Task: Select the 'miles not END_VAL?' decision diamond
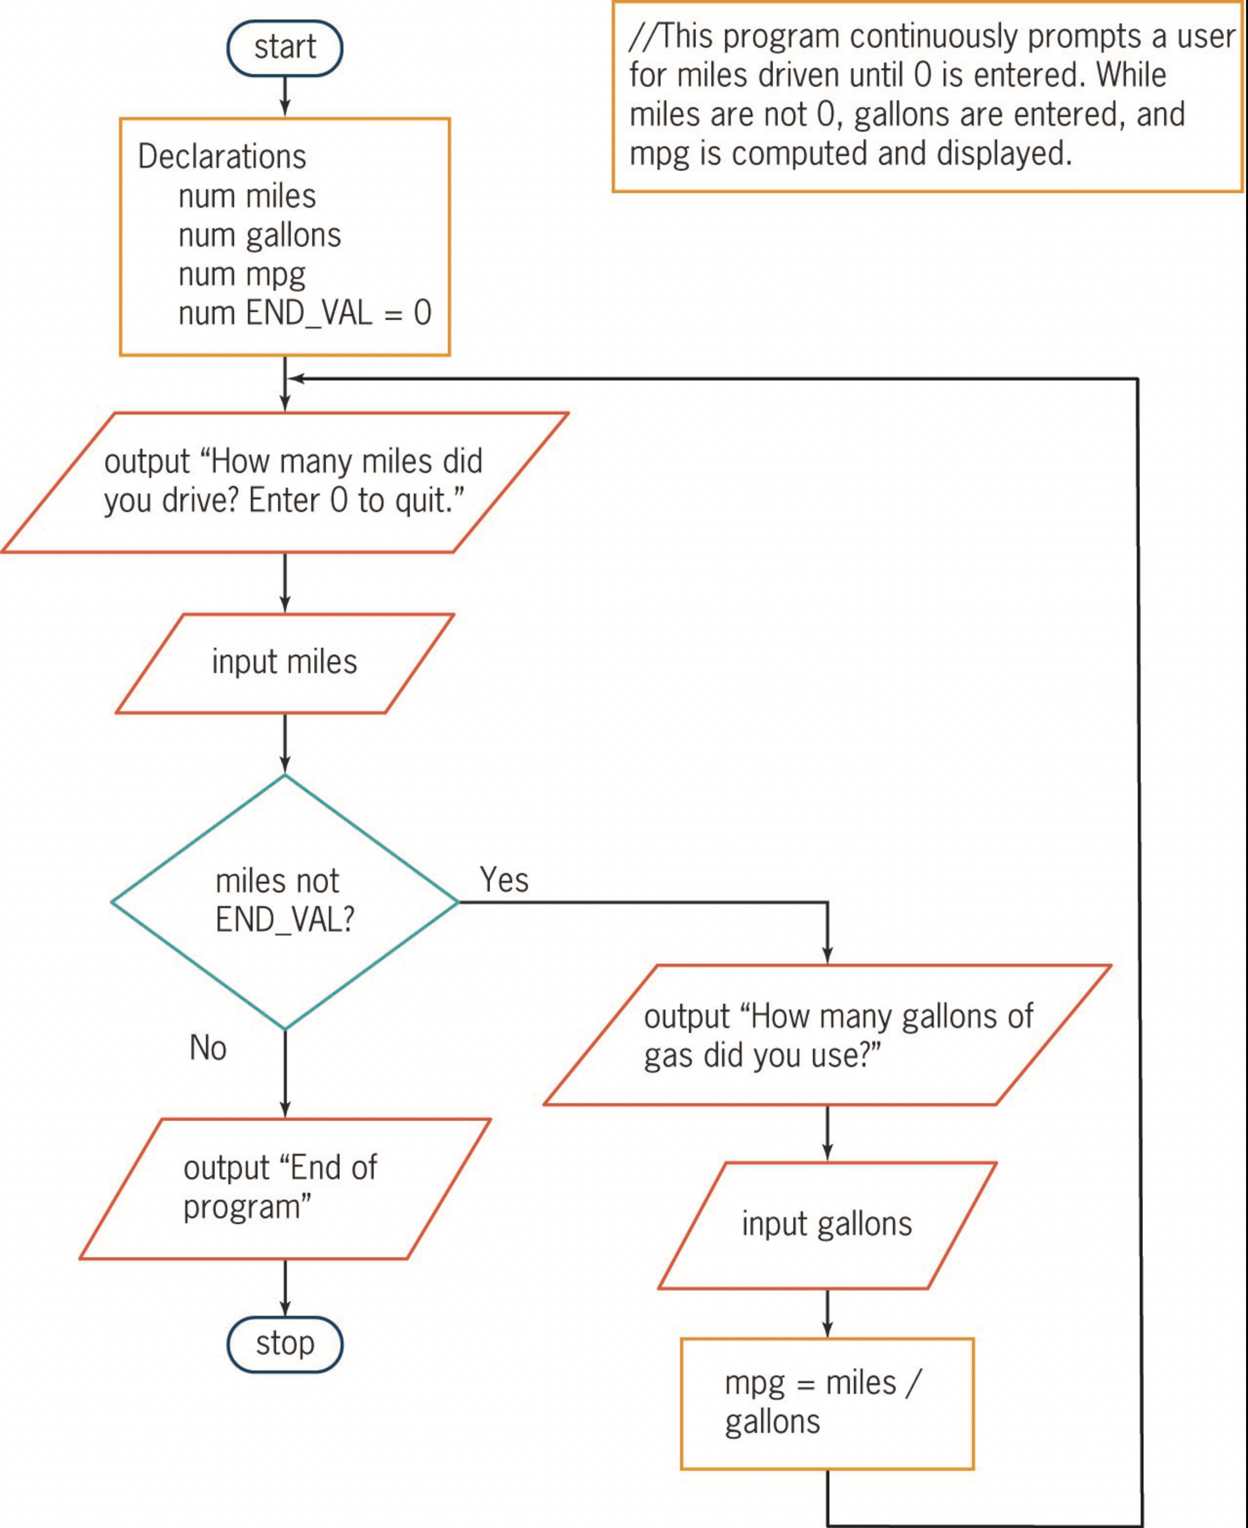(x=285, y=901)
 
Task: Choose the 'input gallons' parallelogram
(x=827, y=1224)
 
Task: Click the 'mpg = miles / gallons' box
(x=827, y=1403)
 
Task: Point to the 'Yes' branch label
(x=504, y=880)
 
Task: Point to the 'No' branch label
(x=208, y=1048)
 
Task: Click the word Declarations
(x=221, y=157)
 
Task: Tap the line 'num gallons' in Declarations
(x=260, y=236)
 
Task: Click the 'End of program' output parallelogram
(x=285, y=1188)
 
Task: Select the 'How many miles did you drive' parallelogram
(x=285, y=481)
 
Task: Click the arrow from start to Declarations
(x=285, y=96)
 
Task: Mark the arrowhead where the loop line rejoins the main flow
(x=295, y=378)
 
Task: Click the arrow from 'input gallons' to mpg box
(x=827, y=1312)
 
